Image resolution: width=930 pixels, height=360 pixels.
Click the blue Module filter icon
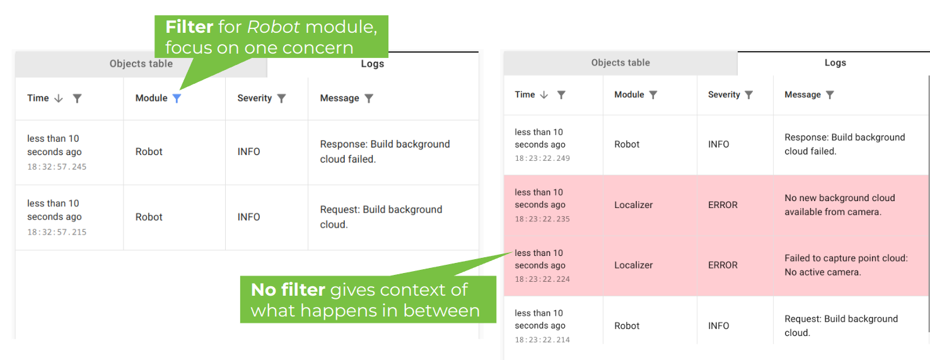tap(177, 98)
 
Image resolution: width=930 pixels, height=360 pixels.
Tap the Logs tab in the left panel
tap(372, 64)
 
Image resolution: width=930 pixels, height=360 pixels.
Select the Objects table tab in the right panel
tap(620, 63)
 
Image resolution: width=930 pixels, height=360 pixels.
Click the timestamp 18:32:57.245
tap(57, 167)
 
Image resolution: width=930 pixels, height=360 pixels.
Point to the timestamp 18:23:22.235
tap(542, 219)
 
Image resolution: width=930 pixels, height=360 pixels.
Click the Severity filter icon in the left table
tap(281, 98)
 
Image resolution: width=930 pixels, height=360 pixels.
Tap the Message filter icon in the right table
tap(830, 95)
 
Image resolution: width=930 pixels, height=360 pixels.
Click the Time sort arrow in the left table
tap(59, 98)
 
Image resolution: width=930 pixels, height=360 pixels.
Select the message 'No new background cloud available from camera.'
tap(839, 205)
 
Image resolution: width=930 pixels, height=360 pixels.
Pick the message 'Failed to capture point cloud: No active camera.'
tap(846, 265)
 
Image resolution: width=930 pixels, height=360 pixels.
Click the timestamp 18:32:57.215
tap(57, 232)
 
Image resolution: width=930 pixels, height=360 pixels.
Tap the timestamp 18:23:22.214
tap(542, 340)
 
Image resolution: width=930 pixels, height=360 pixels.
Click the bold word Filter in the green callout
tap(189, 27)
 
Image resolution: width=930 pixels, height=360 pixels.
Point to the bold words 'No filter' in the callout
tap(288, 290)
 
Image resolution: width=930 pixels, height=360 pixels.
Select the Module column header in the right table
tap(629, 95)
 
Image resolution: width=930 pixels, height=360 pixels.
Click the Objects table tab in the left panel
tap(141, 64)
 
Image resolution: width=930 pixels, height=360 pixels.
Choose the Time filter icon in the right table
tap(561, 95)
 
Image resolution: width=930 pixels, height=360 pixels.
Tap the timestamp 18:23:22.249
tap(542, 158)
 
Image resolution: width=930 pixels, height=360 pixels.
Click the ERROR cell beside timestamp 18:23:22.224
tap(723, 265)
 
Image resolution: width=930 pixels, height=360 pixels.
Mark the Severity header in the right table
tap(724, 95)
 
